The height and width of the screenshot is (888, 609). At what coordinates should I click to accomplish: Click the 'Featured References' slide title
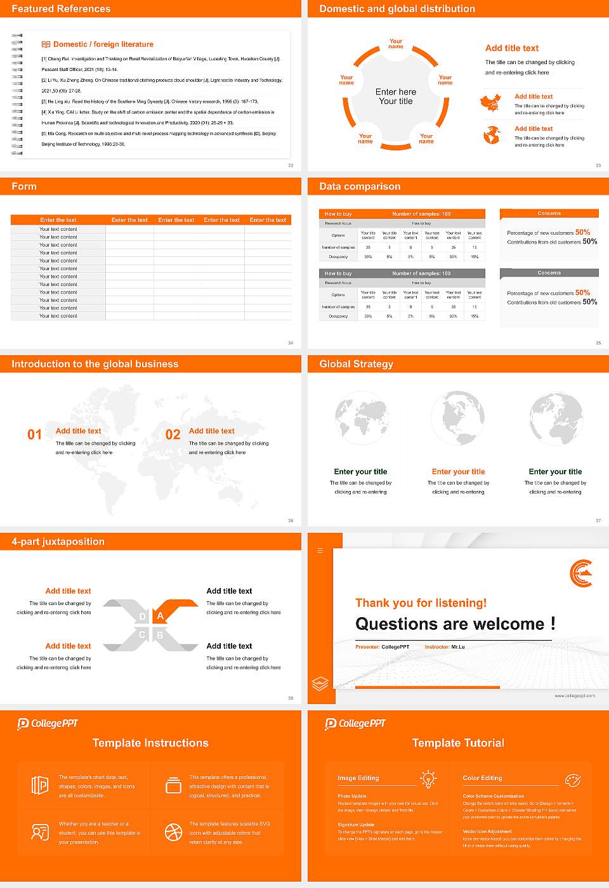(61, 9)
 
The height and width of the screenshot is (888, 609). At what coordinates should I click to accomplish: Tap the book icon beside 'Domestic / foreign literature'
(46, 44)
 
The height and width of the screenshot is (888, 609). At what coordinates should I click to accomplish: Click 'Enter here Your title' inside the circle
(396, 96)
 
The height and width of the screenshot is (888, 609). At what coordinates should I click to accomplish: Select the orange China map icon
(490, 103)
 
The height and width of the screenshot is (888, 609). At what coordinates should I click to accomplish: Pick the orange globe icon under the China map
(492, 135)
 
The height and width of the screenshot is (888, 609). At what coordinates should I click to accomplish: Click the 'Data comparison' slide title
(360, 186)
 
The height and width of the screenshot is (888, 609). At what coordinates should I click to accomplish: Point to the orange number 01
(34, 434)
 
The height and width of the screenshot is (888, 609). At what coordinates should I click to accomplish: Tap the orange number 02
(173, 434)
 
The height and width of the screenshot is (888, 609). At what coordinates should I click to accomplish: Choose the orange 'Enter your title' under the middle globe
(458, 472)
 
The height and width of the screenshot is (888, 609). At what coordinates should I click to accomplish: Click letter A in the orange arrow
(160, 616)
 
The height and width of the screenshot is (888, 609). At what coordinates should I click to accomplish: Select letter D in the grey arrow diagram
(142, 617)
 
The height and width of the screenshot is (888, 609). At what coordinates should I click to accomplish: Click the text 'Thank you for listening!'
(421, 603)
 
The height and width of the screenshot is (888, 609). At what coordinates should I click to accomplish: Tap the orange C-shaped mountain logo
(581, 573)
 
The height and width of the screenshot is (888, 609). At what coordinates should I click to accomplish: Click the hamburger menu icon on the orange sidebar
(320, 551)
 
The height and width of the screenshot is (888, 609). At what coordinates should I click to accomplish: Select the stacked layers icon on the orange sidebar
(320, 684)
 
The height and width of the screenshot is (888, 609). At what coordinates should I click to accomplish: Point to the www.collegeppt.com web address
(575, 696)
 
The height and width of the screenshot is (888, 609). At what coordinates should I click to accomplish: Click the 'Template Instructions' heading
(150, 743)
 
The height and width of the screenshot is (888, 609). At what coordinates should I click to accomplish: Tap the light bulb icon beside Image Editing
(428, 779)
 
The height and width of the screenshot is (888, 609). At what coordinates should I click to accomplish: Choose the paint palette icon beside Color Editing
(572, 780)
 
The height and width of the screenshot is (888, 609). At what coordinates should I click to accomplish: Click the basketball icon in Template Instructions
(173, 832)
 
